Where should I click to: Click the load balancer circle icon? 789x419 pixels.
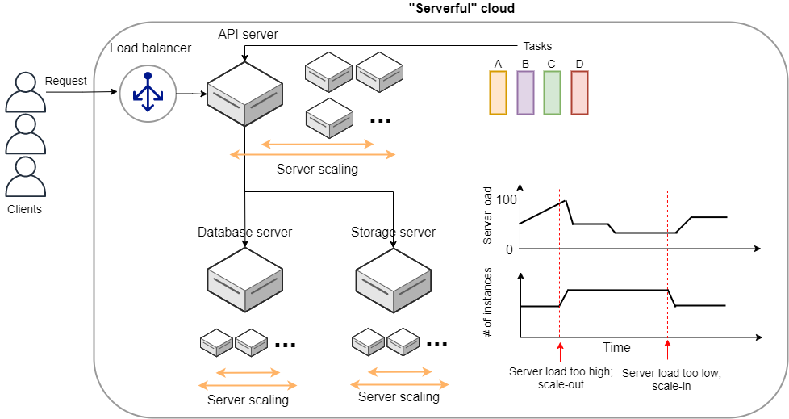(147, 94)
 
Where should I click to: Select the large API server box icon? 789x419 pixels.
(245, 94)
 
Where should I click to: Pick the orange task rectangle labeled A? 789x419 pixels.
(499, 92)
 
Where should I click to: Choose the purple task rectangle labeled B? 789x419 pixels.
(525, 92)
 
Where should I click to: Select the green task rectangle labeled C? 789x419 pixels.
(552, 92)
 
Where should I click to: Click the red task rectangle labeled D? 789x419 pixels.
(579, 92)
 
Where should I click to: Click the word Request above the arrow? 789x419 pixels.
(66, 81)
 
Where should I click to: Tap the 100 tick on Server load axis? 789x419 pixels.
(505, 199)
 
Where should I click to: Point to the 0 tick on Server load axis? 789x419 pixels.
(509, 249)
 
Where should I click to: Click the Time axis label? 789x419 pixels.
(617, 347)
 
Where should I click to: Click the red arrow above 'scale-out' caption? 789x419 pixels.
(559, 350)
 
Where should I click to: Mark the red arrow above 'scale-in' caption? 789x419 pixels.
(667, 350)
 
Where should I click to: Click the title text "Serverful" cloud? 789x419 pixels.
(462, 9)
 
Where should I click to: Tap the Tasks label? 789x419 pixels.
(537, 46)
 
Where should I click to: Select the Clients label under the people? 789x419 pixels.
(24, 209)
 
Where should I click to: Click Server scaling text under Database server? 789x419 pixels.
(248, 400)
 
